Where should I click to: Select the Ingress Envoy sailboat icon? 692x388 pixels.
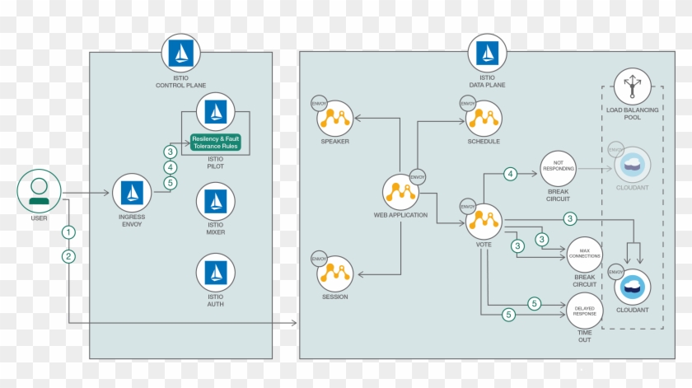132,194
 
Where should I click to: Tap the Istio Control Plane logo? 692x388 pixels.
180,54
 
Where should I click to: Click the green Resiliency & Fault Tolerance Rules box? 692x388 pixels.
215,142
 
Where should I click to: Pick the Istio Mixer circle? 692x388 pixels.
216,201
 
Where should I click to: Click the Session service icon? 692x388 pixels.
335,273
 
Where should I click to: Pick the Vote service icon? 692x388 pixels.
484,221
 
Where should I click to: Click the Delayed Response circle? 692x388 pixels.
584,311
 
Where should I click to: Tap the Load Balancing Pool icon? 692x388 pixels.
633,88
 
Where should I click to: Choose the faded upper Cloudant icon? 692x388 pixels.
633,162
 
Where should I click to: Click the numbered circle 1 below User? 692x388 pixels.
68,232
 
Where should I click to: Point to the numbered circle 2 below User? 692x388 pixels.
68,256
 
